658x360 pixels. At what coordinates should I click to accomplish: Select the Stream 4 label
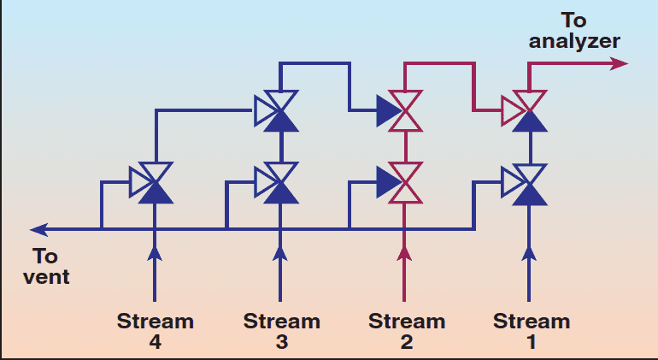point(155,332)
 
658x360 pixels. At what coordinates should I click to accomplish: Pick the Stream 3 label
point(281,332)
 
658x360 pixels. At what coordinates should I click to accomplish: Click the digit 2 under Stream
point(406,342)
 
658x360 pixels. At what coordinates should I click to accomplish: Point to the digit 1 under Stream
point(532,342)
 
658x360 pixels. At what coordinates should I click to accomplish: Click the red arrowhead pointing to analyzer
point(620,64)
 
